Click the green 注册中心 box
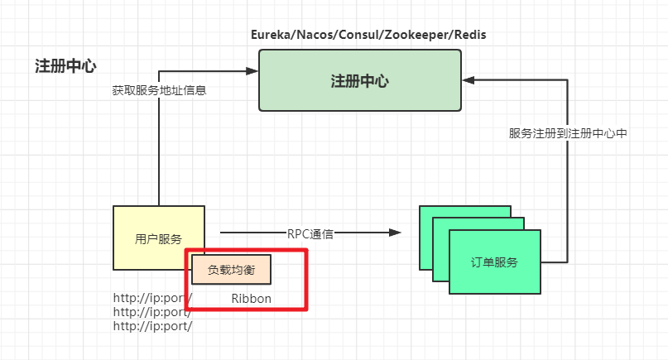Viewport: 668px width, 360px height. pyautogui.click(x=359, y=80)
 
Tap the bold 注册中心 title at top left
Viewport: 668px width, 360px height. pyautogui.click(x=65, y=66)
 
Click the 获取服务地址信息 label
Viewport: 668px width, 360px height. pyautogui.click(x=158, y=90)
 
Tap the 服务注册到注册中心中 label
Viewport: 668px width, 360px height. pyautogui.click(x=569, y=132)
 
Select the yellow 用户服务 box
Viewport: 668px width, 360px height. pyautogui.click(x=158, y=238)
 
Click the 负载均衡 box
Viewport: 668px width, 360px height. pyautogui.click(x=231, y=270)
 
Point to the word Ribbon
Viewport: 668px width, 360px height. pyautogui.click(x=251, y=298)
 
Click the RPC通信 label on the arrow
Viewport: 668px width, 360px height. pyautogui.click(x=310, y=233)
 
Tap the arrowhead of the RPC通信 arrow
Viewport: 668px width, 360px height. pyautogui.click(x=396, y=233)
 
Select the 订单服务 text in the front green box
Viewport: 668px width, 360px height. pyautogui.click(x=495, y=262)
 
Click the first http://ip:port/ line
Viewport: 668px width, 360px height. pyautogui.click(x=152, y=298)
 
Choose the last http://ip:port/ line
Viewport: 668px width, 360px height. pyautogui.click(x=152, y=326)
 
